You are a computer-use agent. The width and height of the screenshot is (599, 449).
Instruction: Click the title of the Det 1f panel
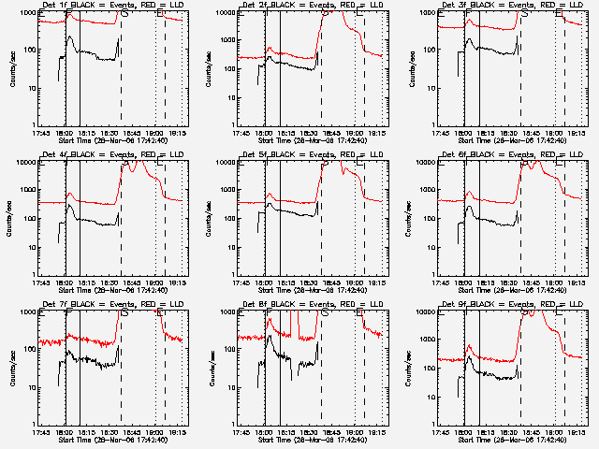point(111,5)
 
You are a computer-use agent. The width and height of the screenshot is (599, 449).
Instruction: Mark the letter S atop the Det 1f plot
point(124,14)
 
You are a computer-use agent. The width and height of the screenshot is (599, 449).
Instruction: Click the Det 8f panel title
point(312,304)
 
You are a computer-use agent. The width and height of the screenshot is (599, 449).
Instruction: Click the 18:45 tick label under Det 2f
point(332,133)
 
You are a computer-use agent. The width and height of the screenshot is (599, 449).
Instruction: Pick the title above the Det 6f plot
point(512,154)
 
